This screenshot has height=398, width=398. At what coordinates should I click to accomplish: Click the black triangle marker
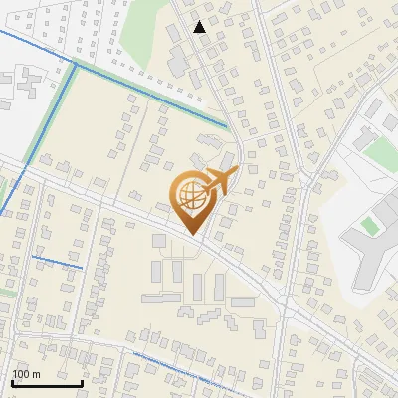[200, 27]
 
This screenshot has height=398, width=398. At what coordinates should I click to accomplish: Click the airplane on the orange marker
[217, 183]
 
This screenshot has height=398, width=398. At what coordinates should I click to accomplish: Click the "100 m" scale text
[27, 374]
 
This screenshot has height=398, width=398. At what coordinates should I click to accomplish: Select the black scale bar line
[47, 383]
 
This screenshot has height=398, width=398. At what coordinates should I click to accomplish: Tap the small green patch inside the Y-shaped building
[370, 227]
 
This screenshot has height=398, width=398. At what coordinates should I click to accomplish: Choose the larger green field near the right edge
[381, 151]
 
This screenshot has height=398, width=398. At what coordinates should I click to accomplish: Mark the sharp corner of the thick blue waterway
[74, 64]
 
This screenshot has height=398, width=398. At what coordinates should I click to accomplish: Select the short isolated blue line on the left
[57, 263]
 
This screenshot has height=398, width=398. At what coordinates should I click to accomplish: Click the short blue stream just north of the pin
[212, 138]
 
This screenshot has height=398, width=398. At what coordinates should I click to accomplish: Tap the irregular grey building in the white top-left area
[22, 88]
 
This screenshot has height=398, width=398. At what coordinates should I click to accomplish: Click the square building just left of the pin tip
[159, 240]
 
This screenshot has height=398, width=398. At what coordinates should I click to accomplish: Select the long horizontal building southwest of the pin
[161, 297]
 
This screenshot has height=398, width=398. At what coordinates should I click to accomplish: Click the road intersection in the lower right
[286, 311]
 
